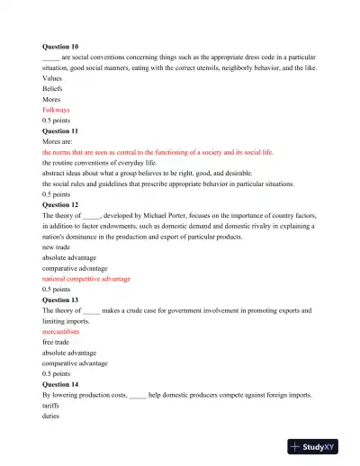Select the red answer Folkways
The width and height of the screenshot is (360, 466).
pyautogui.click(x=56, y=110)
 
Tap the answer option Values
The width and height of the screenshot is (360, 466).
pyautogui.click(x=53, y=78)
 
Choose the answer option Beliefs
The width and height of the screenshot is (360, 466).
pyautogui.click(x=53, y=89)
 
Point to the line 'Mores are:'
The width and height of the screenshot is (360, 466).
pyautogui.click(x=59, y=142)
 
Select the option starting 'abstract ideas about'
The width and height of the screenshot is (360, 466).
pyautogui.click(x=135, y=174)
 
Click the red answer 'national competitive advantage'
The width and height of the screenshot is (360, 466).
pyautogui.click(x=86, y=279)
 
